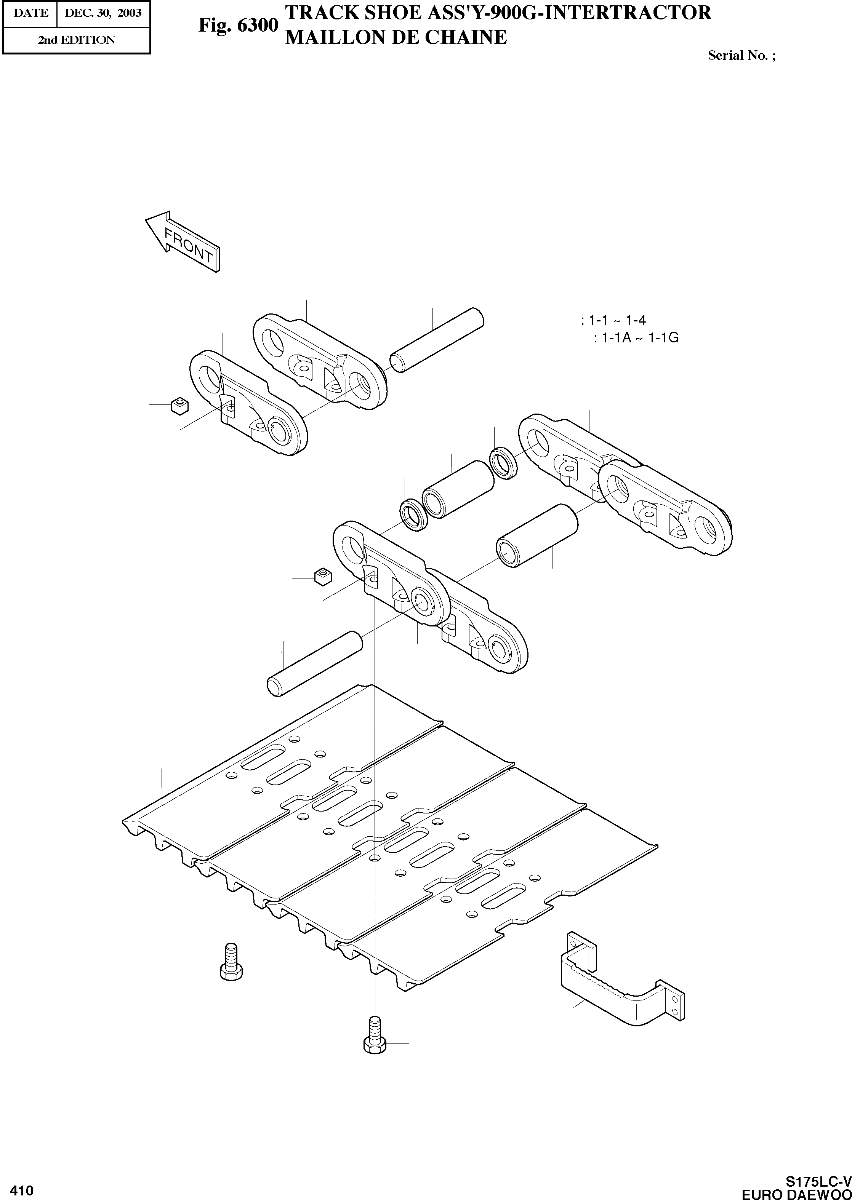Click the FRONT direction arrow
[x=183, y=241]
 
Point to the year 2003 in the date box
[x=130, y=13]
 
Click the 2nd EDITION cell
[x=77, y=40]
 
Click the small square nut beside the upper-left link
[x=179, y=406]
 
